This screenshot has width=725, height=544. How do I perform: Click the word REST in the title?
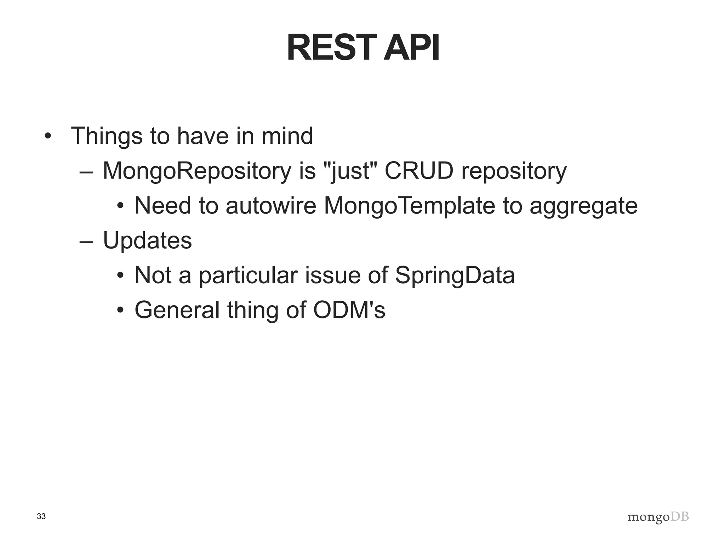coord(331,48)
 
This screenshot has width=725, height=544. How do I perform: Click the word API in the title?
coord(412,48)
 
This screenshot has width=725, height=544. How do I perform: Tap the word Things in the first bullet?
coord(106,136)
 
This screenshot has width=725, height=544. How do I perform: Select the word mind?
coord(287,136)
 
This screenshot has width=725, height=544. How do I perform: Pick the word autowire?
coord(271,206)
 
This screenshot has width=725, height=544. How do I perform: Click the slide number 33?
coord(41,517)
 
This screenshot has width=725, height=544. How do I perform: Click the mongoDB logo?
coord(658,517)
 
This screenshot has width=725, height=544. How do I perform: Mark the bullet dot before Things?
coord(48,136)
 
